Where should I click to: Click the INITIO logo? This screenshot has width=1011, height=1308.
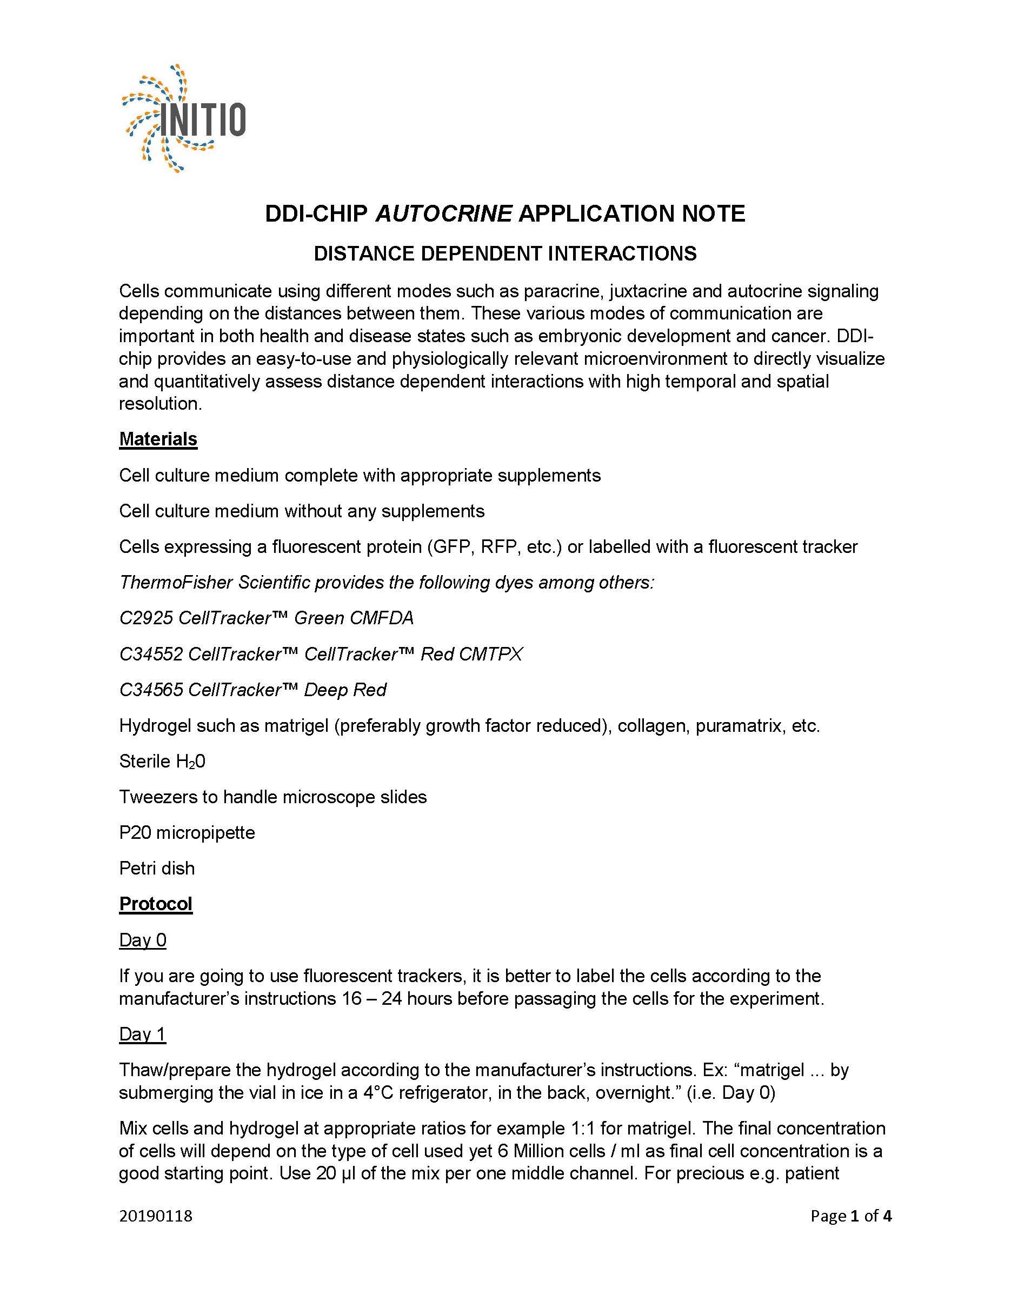184,118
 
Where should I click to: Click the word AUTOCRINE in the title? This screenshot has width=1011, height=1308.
443,214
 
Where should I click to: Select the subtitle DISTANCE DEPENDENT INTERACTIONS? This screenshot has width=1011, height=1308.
505,253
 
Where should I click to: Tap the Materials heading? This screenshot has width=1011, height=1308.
158,439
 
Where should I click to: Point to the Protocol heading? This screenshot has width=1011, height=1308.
156,904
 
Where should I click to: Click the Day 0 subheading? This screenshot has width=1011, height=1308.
143,940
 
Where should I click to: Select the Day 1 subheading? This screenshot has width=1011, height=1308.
143,1035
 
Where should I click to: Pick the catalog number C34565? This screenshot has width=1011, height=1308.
151,690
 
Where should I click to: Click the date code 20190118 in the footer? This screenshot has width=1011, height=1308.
156,1216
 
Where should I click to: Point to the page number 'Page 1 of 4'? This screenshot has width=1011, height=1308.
850,1216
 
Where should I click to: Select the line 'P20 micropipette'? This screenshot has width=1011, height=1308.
187,832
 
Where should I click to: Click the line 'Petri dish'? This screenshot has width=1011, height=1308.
157,869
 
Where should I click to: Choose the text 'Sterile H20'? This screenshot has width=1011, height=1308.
162,761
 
